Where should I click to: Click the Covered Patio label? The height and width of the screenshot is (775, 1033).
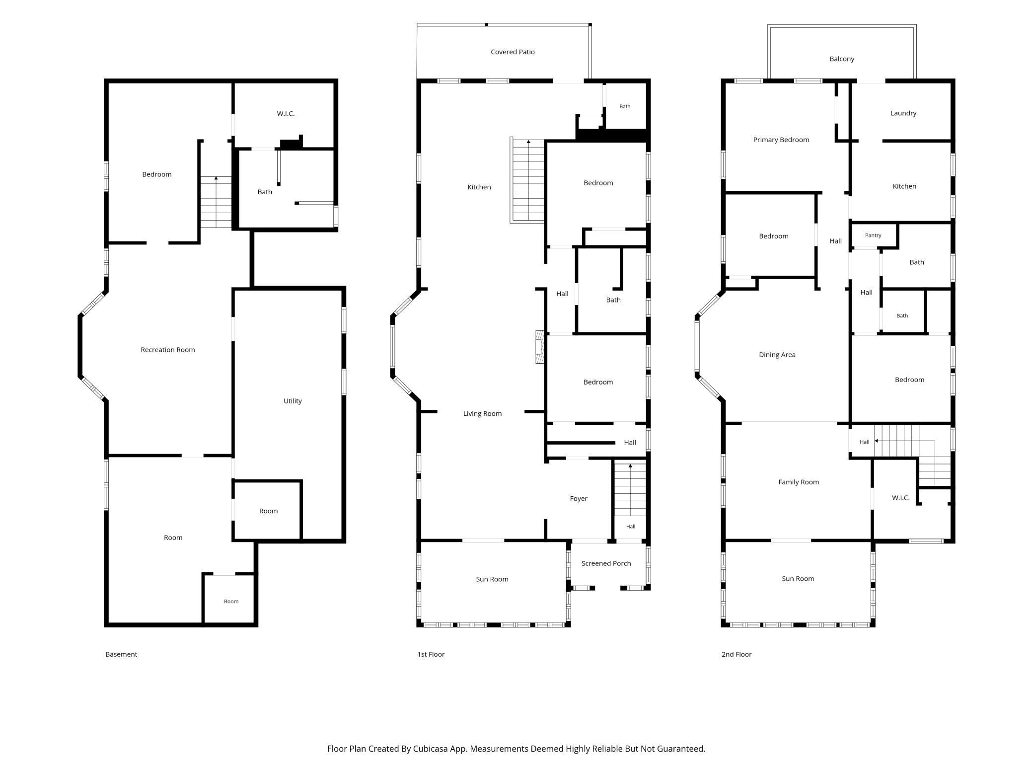pyautogui.click(x=513, y=52)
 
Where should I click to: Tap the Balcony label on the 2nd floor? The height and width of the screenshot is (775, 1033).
pyautogui.click(x=842, y=59)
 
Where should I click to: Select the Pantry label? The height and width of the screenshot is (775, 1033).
pyautogui.click(x=873, y=235)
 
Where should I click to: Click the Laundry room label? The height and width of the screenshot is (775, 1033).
pyautogui.click(x=903, y=113)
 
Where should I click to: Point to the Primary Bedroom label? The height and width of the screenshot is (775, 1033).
pyautogui.click(x=781, y=140)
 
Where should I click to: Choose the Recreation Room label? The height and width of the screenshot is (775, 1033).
pyautogui.click(x=168, y=350)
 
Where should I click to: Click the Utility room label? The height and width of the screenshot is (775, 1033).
pyautogui.click(x=293, y=401)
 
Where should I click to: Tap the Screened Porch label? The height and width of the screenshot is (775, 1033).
pyautogui.click(x=606, y=563)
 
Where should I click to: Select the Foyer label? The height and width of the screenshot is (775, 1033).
pyautogui.click(x=579, y=499)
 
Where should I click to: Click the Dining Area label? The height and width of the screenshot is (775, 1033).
pyautogui.click(x=777, y=355)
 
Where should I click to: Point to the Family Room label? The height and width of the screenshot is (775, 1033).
pyautogui.click(x=799, y=482)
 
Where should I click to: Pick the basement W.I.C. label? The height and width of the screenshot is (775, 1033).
pyautogui.click(x=286, y=114)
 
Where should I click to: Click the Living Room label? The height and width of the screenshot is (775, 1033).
pyautogui.click(x=482, y=413)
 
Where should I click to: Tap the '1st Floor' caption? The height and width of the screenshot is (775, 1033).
pyautogui.click(x=431, y=654)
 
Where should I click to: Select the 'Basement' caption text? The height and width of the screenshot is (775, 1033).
pyautogui.click(x=121, y=654)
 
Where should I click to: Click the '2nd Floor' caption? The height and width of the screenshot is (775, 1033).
pyautogui.click(x=737, y=654)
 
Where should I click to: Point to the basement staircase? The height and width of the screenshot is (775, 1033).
pyautogui.click(x=216, y=202)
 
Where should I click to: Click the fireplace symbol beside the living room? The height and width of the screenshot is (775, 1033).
pyautogui.click(x=539, y=347)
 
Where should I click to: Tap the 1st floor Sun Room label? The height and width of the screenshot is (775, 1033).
pyautogui.click(x=492, y=579)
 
